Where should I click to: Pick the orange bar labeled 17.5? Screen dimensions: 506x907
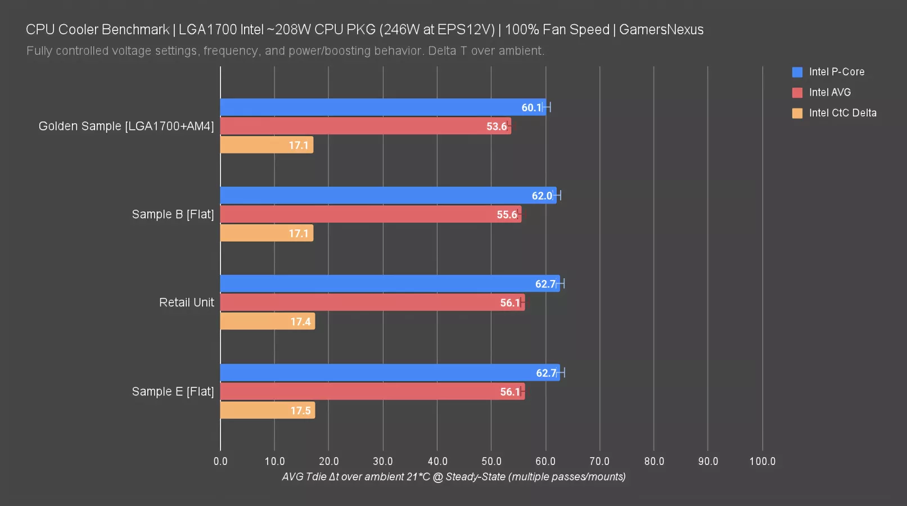pyautogui.click(x=267, y=410)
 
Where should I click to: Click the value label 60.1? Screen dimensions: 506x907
pyautogui.click(x=531, y=107)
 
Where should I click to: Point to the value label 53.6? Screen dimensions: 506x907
pyautogui.click(x=497, y=126)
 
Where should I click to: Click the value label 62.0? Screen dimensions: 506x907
pyautogui.click(x=542, y=196)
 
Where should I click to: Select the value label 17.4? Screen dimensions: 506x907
pyautogui.click(x=300, y=322)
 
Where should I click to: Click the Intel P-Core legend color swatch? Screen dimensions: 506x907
pyautogui.click(x=797, y=72)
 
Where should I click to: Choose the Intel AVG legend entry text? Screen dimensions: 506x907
pyautogui.click(x=830, y=92)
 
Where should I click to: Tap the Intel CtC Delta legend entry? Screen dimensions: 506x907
pyautogui.click(x=842, y=113)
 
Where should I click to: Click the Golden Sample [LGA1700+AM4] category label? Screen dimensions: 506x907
pyautogui.click(x=126, y=126)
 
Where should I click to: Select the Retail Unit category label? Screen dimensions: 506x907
pyautogui.click(x=187, y=302)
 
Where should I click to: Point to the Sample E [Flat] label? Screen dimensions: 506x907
pyautogui.click(x=173, y=391)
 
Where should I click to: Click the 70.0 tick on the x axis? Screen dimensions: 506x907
pyautogui.click(x=599, y=461)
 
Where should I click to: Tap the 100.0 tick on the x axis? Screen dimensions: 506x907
pyautogui.click(x=762, y=461)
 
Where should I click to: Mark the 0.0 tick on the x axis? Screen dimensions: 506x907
pyautogui.click(x=220, y=461)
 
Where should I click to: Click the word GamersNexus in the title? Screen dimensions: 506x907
pyautogui.click(x=661, y=29)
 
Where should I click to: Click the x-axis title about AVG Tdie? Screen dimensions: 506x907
pyautogui.click(x=453, y=477)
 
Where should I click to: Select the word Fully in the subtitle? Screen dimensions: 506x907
pyautogui.click(x=39, y=51)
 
